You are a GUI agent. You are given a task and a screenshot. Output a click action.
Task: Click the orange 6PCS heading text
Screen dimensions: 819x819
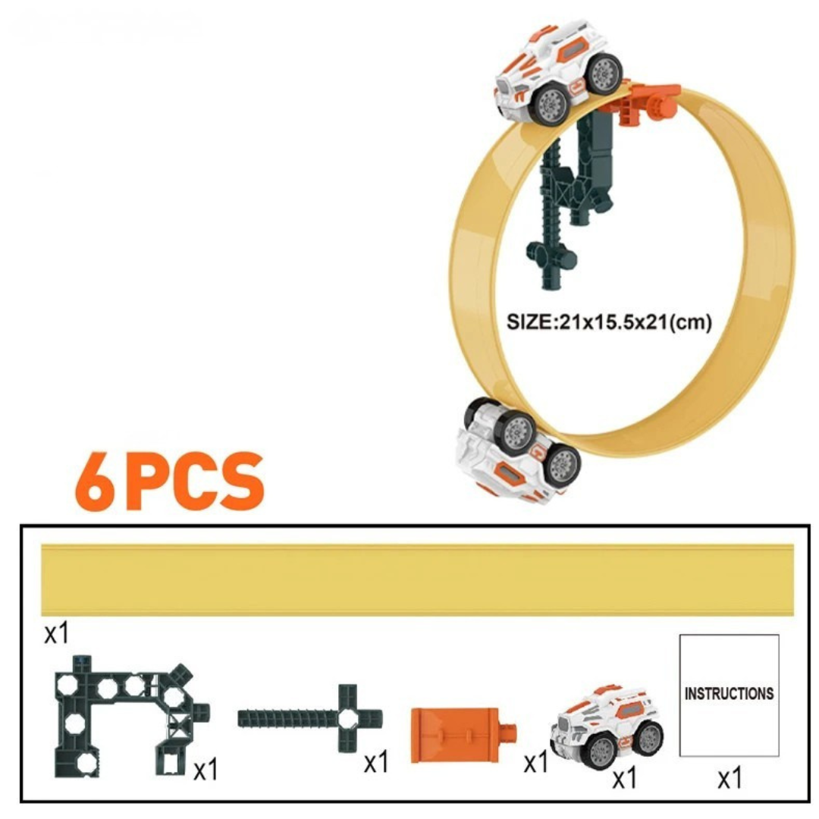pyautogui.click(x=170, y=482)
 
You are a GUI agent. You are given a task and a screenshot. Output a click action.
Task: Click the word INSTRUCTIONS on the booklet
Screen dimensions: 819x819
pyautogui.click(x=729, y=693)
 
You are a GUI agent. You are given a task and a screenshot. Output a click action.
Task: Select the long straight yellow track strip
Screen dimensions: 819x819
pyautogui.click(x=418, y=580)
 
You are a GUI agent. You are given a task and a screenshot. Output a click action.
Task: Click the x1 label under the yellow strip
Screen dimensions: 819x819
pyautogui.click(x=56, y=632)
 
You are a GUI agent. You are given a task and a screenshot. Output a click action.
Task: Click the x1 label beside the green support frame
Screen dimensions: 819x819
pyautogui.click(x=206, y=770)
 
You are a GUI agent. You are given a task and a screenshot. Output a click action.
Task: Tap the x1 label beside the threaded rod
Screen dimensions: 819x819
pyautogui.click(x=376, y=762)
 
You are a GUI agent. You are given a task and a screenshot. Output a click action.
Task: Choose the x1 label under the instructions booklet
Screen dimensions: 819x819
pyautogui.click(x=729, y=778)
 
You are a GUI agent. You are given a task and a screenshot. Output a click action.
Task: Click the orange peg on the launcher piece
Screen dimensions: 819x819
pyautogui.click(x=510, y=733)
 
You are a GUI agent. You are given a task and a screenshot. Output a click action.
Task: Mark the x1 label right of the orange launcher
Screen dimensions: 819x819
pyautogui.click(x=535, y=762)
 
